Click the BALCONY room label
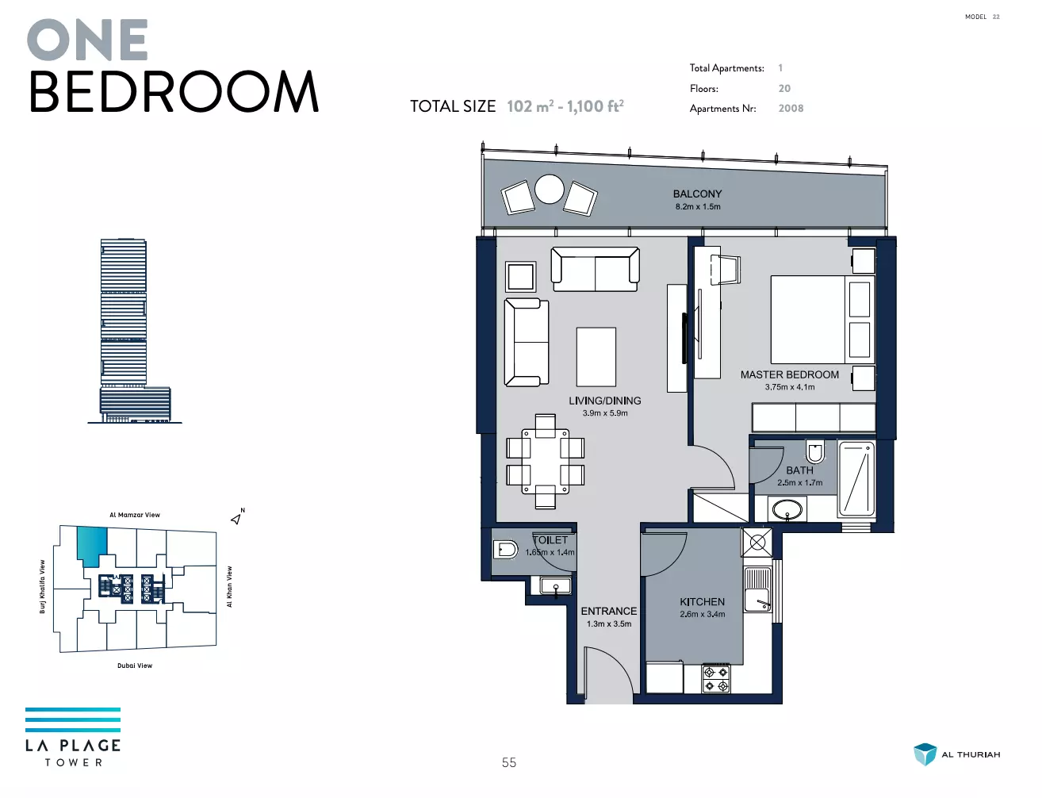pyautogui.click(x=697, y=194)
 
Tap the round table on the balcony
pyautogui.click(x=549, y=189)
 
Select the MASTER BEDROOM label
pyautogui.click(x=789, y=374)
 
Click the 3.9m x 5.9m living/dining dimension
pyautogui.click(x=605, y=413)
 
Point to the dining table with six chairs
pyautogui.click(x=546, y=462)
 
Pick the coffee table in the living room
pyautogui.click(x=596, y=357)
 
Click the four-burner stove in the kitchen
pyautogui.click(x=716, y=678)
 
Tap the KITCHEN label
pyautogui.click(x=702, y=602)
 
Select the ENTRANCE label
pyautogui.click(x=608, y=611)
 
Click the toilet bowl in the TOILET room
pyautogui.click(x=505, y=549)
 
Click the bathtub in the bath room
pyautogui.click(x=856, y=479)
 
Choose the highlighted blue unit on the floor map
pyautogui.click(x=91, y=546)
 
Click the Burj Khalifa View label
pyautogui.click(x=42, y=586)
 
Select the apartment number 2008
pyautogui.click(x=791, y=109)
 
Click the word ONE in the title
pyautogui.click(x=87, y=40)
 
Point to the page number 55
pyautogui.click(x=509, y=762)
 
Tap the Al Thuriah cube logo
pyautogui.click(x=925, y=754)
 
